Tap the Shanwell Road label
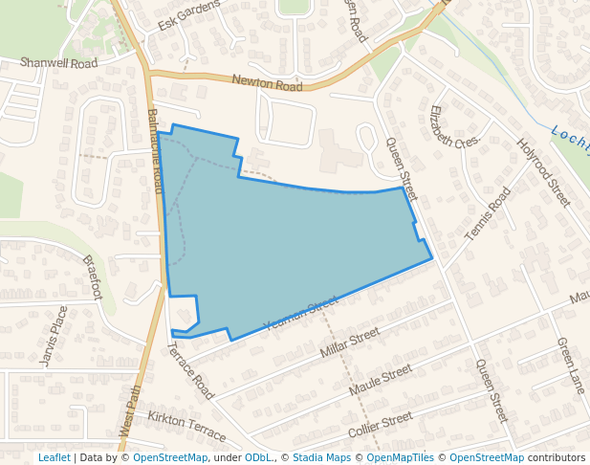59,63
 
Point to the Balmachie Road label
155,151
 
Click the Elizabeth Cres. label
453,139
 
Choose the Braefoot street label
92,277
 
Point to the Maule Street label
380,381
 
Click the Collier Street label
381,422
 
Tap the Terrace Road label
191,371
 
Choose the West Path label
130,411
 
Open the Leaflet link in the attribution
54,457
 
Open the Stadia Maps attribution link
321,457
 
